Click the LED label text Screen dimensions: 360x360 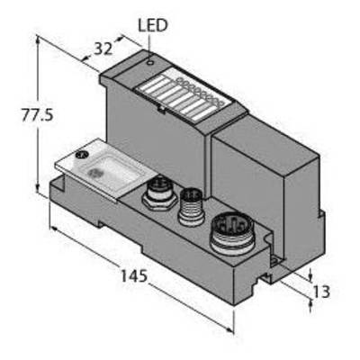point(152,25)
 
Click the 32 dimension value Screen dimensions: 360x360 point(103,49)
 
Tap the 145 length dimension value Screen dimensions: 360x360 point(134,275)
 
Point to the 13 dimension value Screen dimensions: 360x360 point(321,292)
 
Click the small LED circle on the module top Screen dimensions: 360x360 point(150,62)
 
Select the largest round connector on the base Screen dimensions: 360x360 point(232,232)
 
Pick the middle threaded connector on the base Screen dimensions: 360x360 point(191,207)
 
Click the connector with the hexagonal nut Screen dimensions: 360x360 point(160,193)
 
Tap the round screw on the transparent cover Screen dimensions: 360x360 point(81,155)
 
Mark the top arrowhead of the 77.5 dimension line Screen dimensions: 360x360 point(38,39)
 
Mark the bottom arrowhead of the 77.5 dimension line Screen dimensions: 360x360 point(38,188)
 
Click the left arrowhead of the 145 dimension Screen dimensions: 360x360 point(55,229)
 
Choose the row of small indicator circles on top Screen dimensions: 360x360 point(200,92)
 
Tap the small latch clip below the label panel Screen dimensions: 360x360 point(161,109)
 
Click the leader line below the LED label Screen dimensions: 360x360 point(149,43)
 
